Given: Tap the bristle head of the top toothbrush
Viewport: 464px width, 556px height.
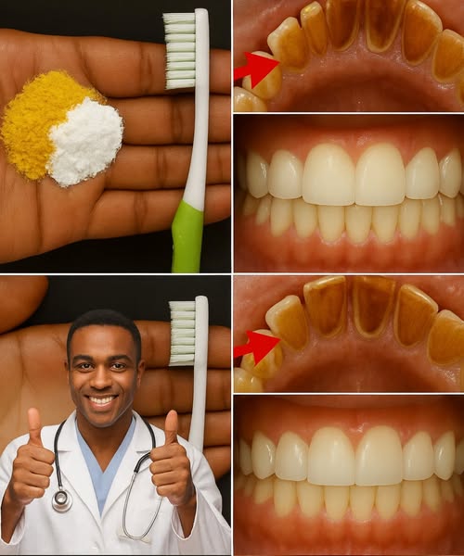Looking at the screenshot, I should pos(180,51).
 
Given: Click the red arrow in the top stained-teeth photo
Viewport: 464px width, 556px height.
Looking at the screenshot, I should pos(256,67).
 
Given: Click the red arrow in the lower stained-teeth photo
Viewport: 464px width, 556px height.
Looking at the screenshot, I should pos(257,347).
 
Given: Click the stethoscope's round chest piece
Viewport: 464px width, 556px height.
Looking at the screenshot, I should pos(62,500).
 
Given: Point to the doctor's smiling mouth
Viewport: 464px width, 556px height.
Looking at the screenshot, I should pos(102,401).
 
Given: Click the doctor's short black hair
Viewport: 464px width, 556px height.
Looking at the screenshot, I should pos(104,325).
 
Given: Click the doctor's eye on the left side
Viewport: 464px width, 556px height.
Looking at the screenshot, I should pos(87,363).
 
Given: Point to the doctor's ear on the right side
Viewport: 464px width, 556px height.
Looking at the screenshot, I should pos(139,371).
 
